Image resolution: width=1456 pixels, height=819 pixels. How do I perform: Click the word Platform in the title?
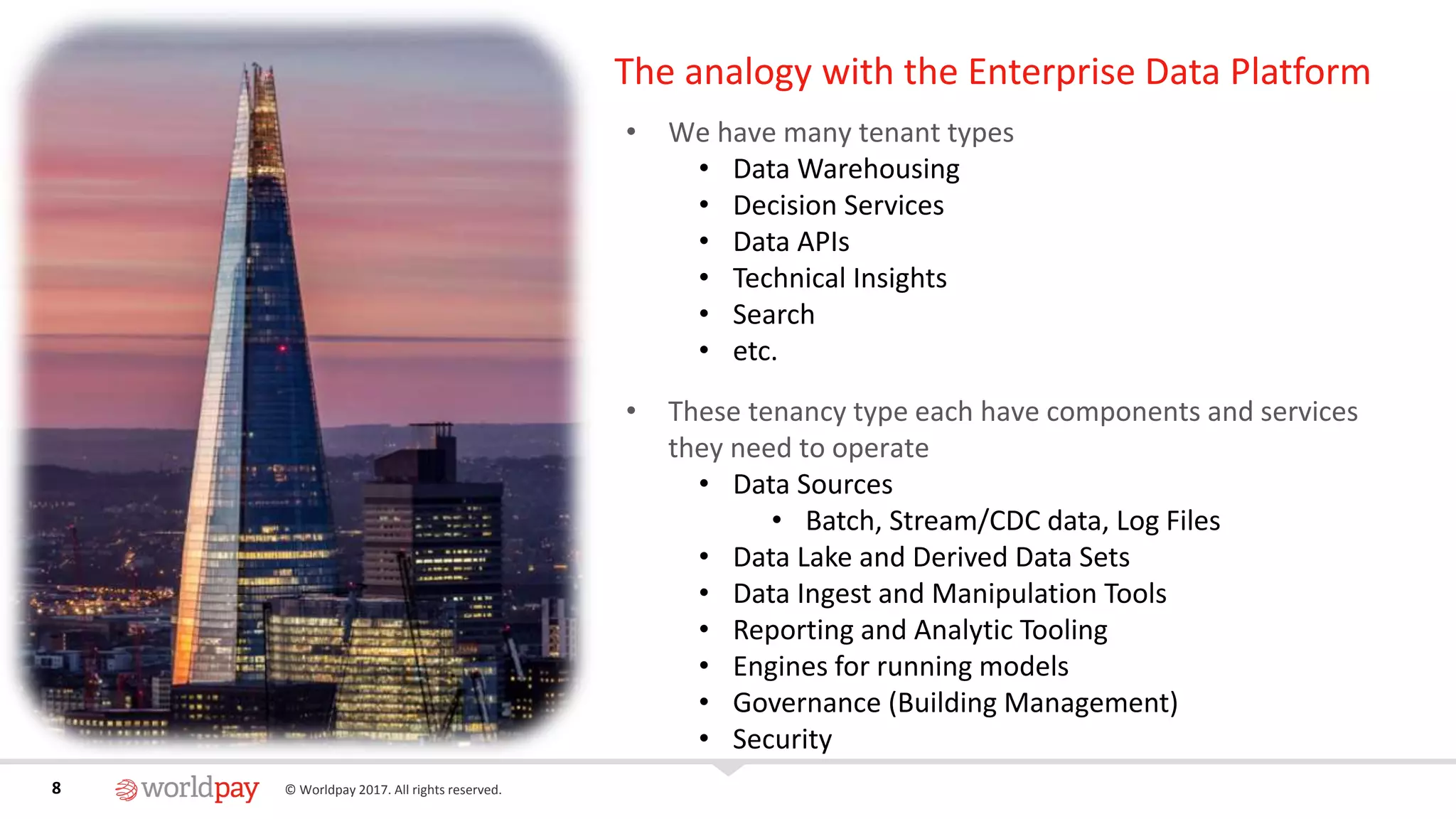point(1300,73)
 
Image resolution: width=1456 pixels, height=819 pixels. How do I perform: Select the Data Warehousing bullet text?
point(846,169)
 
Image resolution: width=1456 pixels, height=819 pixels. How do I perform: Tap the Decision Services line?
point(838,205)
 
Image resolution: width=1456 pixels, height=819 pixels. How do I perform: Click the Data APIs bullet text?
point(791,242)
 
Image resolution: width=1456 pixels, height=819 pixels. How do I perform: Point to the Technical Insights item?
point(840,278)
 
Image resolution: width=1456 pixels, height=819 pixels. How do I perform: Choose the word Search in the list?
point(773,314)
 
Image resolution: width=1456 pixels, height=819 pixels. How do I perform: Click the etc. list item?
point(755,351)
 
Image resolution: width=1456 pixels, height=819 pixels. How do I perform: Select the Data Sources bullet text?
point(813,484)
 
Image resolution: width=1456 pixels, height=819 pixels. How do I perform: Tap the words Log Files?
point(1168,521)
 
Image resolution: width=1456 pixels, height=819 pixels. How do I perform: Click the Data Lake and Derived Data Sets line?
point(931,557)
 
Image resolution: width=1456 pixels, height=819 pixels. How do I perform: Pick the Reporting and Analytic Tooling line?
point(920,630)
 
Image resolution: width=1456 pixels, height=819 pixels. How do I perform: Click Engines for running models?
point(900,666)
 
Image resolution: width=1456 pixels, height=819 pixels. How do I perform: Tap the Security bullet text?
point(782,739)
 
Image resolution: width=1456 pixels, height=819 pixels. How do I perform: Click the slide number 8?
point(56,788)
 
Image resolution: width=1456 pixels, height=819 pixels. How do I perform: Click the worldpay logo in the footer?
point(188,788)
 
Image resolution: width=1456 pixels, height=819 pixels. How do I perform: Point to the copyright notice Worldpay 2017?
point(393,790)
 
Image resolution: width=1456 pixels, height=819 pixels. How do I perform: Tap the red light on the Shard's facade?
point(282,348)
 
